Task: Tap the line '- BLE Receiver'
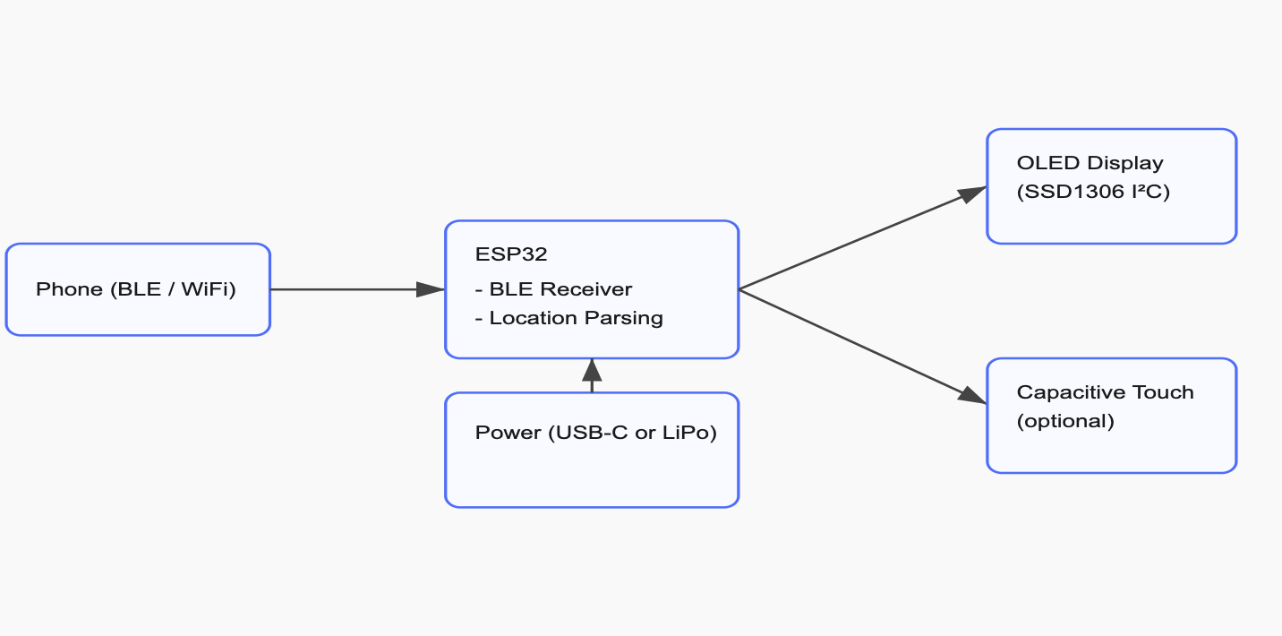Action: point(553,289)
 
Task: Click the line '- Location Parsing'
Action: point(568,318)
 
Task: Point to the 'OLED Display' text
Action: point(1090,163)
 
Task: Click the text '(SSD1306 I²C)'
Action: point(1093,192)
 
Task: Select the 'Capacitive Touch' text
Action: point(1105,392)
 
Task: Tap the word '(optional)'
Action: point(1065,421)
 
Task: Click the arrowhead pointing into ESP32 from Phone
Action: point(431,289)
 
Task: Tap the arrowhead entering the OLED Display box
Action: point(972,193)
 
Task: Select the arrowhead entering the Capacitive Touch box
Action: point(972,397)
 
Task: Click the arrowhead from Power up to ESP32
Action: point(592,370)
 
